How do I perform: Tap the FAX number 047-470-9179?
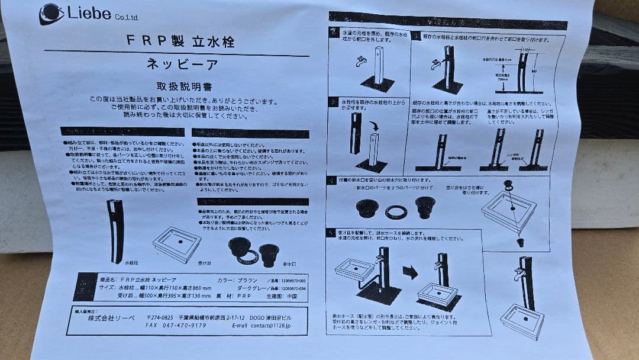coord(176,325)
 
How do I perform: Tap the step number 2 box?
coord(334,102)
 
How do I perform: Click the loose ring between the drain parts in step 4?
coord(395,211)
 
